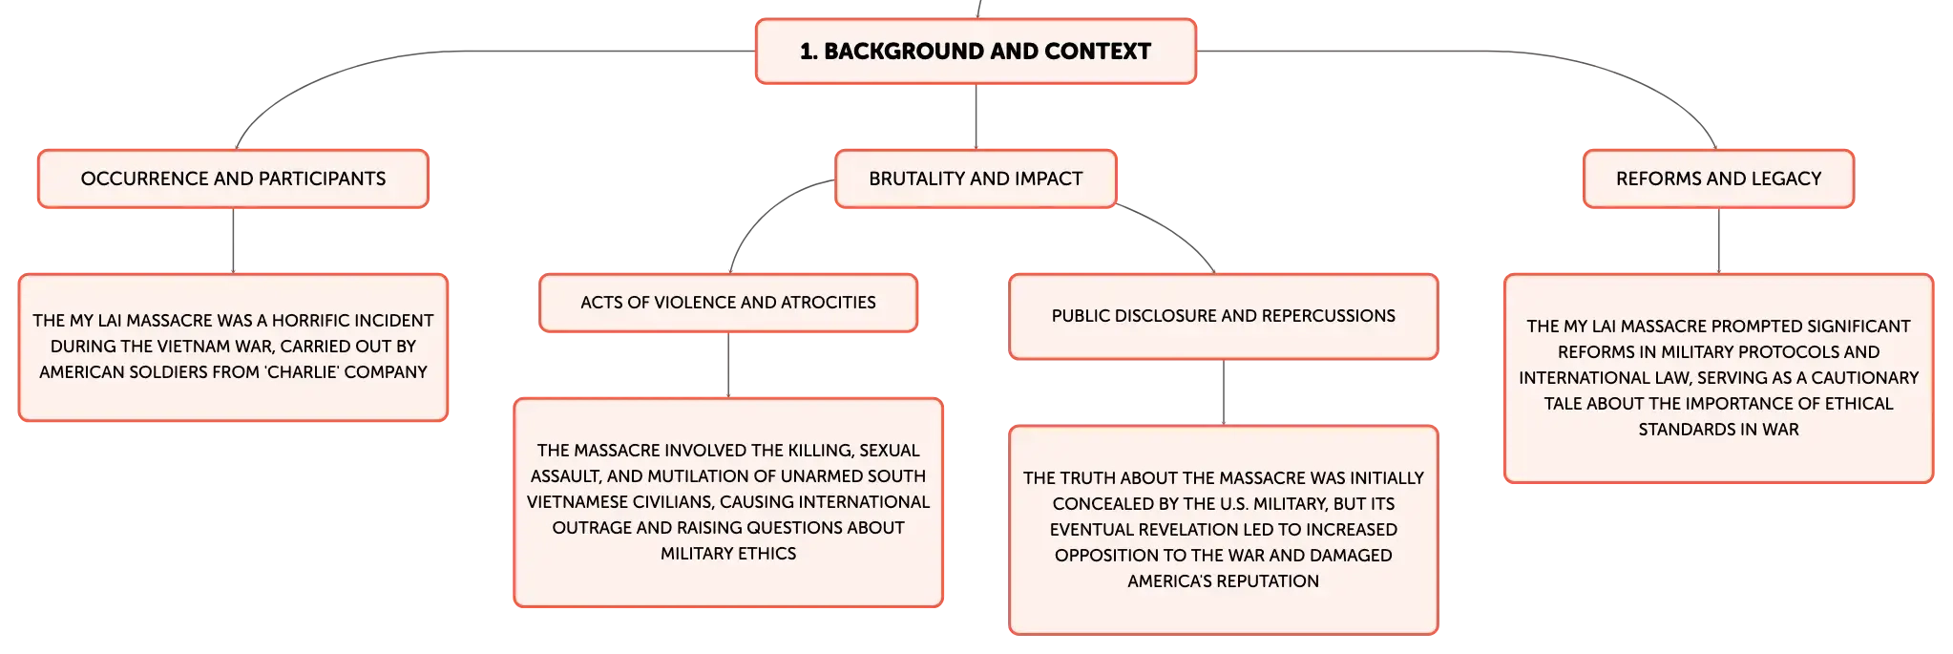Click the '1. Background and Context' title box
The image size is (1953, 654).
click(976, 52)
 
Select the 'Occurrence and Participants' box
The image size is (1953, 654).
click(233, 179)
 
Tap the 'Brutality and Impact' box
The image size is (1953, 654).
click(976, 179)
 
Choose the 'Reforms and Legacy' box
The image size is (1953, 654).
click(1718, 179)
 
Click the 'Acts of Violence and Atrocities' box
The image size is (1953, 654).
click(728, 303)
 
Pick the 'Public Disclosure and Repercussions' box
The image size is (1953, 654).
click(1224, 316)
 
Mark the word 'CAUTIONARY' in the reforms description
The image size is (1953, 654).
click(1865, 377)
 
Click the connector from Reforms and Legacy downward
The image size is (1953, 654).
click(1718, 241)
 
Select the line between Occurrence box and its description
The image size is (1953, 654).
click(233, 241)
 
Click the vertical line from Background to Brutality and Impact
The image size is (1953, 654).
click(976, 116)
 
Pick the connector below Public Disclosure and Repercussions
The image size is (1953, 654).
click(1224, 392)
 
